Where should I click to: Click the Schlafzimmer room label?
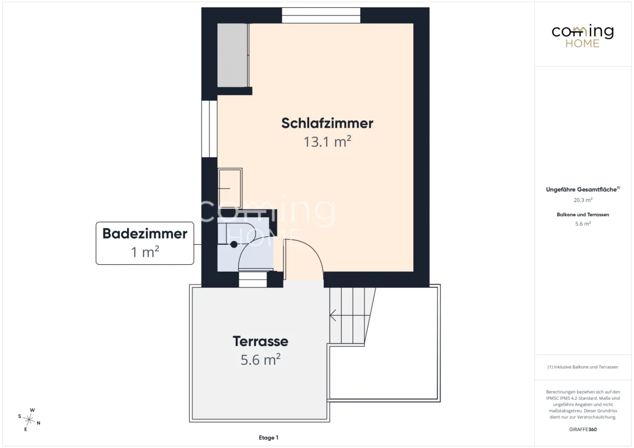click(327, 123)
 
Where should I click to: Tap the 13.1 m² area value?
click(327, 142)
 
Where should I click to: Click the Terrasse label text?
click(260, 341)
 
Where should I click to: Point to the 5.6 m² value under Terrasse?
click(260, 360)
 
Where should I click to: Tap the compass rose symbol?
click(29, 419)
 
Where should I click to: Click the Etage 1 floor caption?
click(268, 437)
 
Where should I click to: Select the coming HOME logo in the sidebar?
click(582, 36)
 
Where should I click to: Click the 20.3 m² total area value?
click(582, 200)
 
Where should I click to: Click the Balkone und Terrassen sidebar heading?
click(582, 214)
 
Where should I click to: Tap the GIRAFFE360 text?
click(582, 430)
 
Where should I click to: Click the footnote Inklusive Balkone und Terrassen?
click(582, 367)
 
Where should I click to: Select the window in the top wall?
click(320, 15)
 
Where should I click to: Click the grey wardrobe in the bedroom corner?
click(232, 55)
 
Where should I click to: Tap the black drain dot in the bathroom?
click(234, 244)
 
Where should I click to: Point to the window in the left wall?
click(209, 129)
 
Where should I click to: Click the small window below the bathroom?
click(253, 279)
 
